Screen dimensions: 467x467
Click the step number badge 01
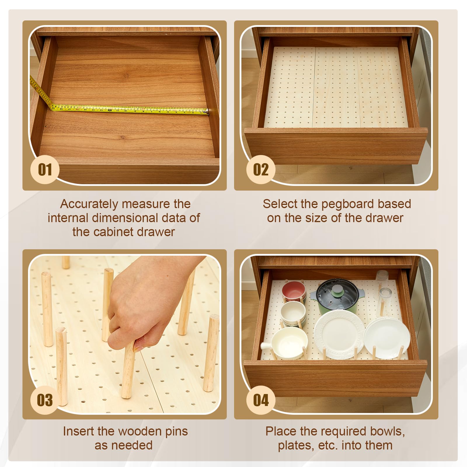pos(45,170)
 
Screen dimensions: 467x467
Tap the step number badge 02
pos(261,170)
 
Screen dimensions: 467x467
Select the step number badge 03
pos(45,400)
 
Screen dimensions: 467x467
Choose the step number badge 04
pos(261,400)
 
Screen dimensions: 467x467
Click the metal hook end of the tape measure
pos(207,111)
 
